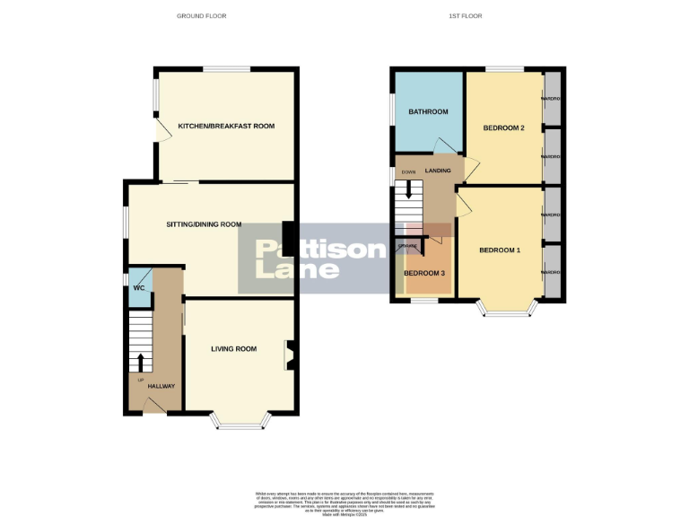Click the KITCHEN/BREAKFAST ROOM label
click(x=225, y=126)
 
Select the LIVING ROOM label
click(x=234, y=349)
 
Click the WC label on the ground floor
click(x=139, y=288)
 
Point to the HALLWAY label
click(x=161, y=386)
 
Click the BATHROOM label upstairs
click(x=428, y=112)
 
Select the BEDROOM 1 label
click(x=499, y=250)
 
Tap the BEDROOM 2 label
click(x=503, y=128)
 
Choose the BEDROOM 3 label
click(x=424, y=274)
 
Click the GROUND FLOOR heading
click(x=202, y=16)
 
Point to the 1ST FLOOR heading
click(x=464, y=16)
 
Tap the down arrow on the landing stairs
click(x=409, y=189)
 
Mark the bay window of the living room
click(x=239, y=422)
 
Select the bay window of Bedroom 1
click(x=509, y=310)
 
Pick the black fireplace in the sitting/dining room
click(x=288, y=233)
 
